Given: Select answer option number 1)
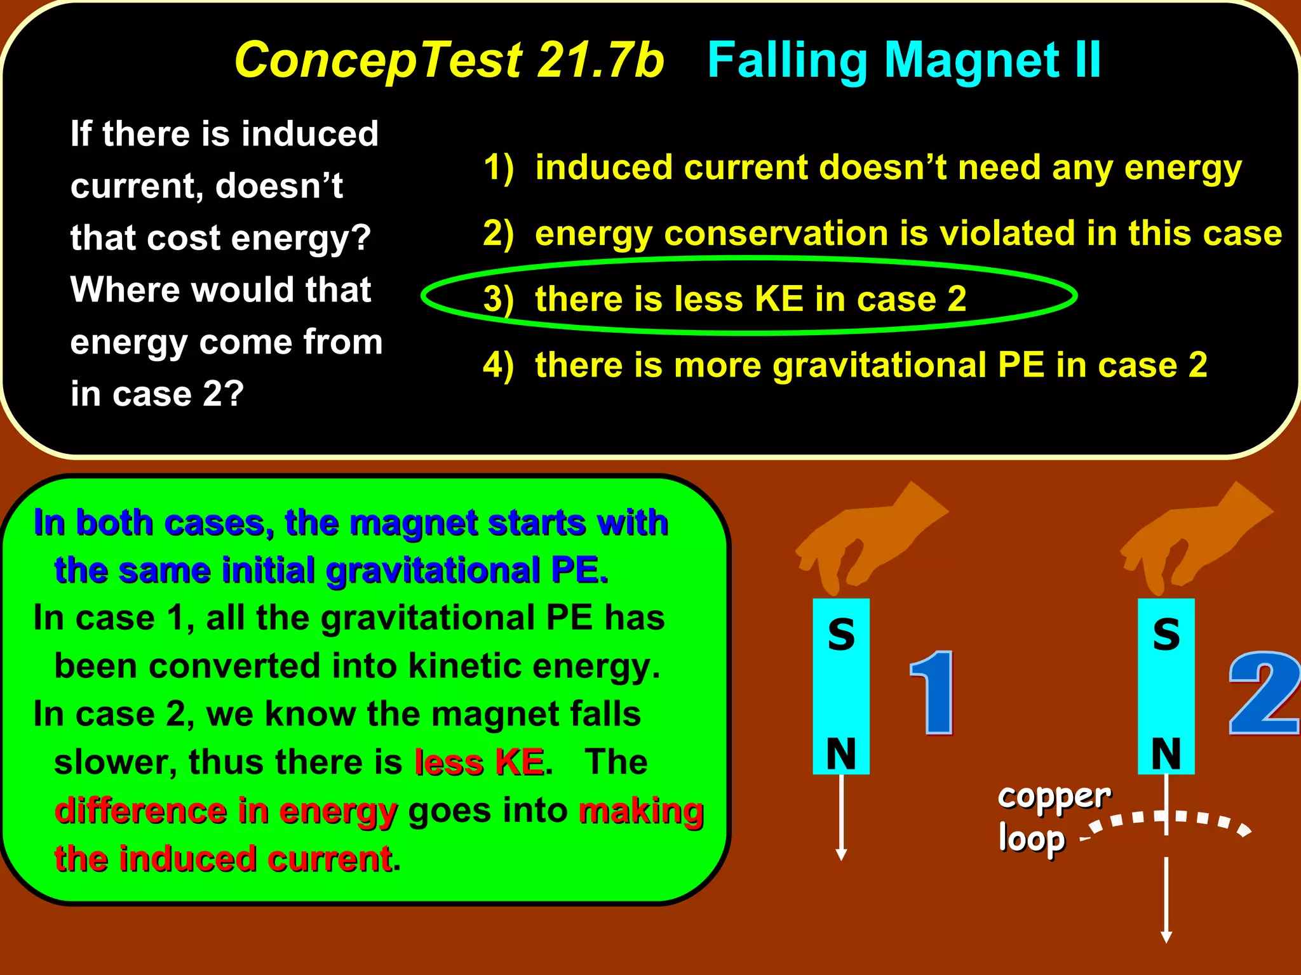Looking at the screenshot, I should tap(498, 168).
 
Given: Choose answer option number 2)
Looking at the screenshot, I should tap(498, 234).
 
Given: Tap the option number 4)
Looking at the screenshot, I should tap(498, 365).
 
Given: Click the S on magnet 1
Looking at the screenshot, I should tap(841, 634).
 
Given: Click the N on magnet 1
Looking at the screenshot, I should tap(841, 753).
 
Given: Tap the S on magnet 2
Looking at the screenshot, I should tap(1166, 634).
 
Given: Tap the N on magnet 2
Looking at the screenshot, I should tap(1166, 753).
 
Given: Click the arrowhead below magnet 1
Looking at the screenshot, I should tap(841, 854).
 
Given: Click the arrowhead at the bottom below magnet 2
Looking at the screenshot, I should tap(1166, 937).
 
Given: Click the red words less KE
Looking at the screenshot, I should tap(479, 762).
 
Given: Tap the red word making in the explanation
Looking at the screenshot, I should tap(640, 811).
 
